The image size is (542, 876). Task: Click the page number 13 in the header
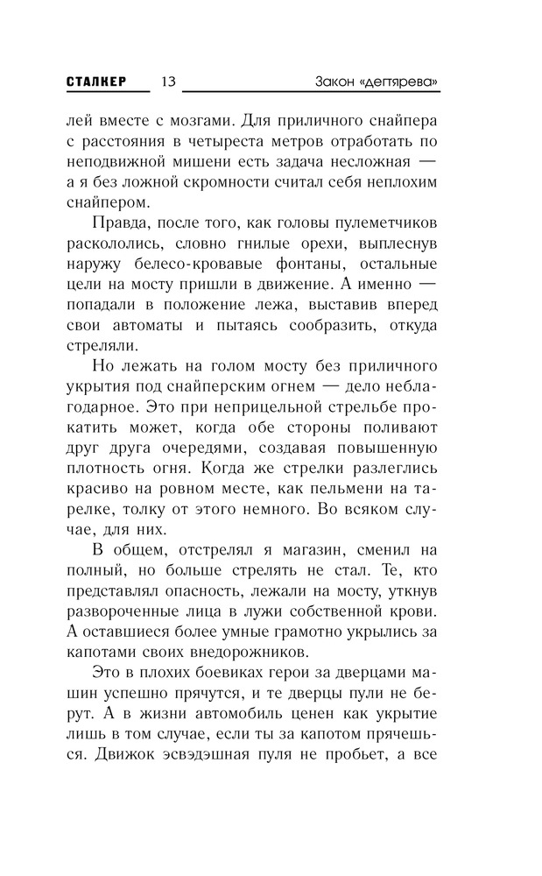coord(169,81)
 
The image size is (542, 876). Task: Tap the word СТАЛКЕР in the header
coord(96,81)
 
